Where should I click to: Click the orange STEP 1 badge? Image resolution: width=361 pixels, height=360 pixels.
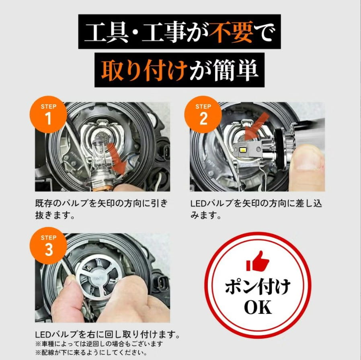pyautogui.click(x=48, y=115)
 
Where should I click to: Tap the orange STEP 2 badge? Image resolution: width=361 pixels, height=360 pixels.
pyautogui.click(x=203, y=115)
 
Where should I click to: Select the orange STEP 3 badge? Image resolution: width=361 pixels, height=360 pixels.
pyautogui.click(x=48, y=245)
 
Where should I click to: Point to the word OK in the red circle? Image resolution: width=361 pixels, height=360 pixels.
pyautogui.click(x=258, y=307)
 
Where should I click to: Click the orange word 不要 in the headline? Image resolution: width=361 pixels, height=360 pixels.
pyautogui.click(x=231, y=32)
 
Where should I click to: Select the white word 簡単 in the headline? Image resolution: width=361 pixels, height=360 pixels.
pyautogui.click(x=235, y=70)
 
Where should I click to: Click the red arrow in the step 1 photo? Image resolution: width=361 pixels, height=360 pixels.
pyautogui.click(x=117, y=157)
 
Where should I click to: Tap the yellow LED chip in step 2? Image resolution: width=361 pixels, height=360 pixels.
pyautogui.click(x=242, y=150)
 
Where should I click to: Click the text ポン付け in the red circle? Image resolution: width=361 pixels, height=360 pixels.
pyautogui.click(x=258, y=287)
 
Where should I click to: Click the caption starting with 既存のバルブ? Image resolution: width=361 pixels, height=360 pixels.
pyautogui.click(x=102, y=209)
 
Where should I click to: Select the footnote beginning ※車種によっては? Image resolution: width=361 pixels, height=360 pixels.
pyautogui.click(x=99, y=344)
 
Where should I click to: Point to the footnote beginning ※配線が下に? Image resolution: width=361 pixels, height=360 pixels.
pyautogui.click(x=91, y=352)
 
